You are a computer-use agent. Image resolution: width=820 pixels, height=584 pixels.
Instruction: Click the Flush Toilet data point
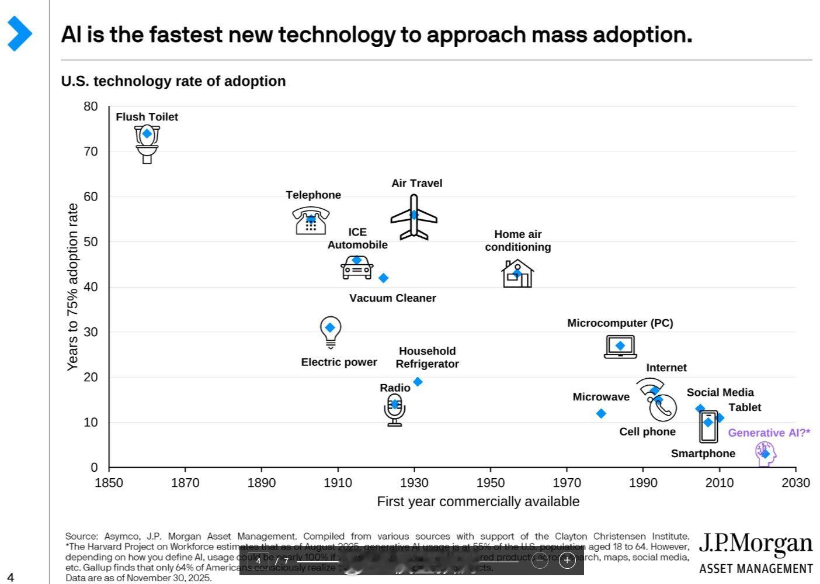(x=147, y=134)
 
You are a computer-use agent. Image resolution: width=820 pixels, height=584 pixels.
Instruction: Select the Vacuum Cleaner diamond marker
(x=383, y=278)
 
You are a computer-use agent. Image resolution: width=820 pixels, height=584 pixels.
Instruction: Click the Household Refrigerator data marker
(x=418, y=382)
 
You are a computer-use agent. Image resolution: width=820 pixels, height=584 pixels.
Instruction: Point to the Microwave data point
(x=601, y=413)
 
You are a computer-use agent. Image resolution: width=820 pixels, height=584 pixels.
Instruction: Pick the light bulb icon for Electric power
(x=331, y=331)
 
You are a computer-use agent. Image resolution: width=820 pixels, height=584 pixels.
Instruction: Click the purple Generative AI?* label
(x=769, y=433)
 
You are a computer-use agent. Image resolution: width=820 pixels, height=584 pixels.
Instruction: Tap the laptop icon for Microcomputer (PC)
(x=620, y=347)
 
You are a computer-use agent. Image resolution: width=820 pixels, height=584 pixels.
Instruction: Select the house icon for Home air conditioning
(x=517, y=274)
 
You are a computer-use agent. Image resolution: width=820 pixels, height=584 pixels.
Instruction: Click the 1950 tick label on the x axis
(x=491, y=483)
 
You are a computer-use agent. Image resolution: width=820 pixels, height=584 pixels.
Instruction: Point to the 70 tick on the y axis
(x=91, y=151)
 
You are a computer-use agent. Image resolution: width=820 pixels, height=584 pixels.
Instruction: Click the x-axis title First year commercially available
(x=478, y=502)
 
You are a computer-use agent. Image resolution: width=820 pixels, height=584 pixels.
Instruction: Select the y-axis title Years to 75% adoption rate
(x=72, y=286)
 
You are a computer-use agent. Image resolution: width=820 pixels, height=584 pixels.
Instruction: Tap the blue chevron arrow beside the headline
(x=19, y=33)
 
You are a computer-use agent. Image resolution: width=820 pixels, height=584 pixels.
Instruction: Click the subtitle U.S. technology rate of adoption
(x=173, y=81)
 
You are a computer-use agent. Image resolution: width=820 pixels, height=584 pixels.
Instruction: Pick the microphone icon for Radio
(x=395, y=409)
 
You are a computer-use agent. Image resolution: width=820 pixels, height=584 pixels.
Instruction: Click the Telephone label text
(x=313, y=195)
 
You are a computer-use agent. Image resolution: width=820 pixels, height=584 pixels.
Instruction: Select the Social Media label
(x=720, y=392)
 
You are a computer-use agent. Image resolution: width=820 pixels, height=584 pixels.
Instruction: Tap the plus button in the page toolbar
(x=567, y=561)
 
